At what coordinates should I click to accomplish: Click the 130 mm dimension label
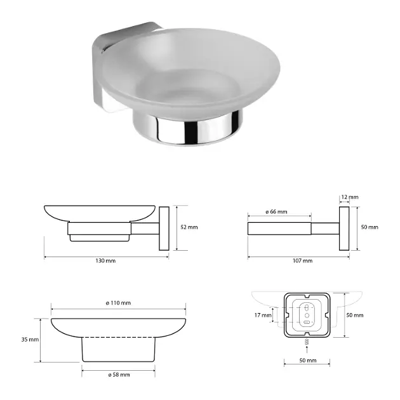point(105,261)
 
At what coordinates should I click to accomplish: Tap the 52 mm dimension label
point(189,227)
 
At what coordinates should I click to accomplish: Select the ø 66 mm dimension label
point(276,211)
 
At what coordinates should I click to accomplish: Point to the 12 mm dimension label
point(350,197)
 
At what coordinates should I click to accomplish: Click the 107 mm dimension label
point(302,261)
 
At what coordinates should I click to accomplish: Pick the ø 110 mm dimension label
point(118,303)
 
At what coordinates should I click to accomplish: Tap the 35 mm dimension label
point(30,340)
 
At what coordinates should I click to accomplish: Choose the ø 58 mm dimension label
point(119,375)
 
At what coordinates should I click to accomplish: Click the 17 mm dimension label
point(263,316)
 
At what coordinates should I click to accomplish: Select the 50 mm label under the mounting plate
point(308,361)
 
